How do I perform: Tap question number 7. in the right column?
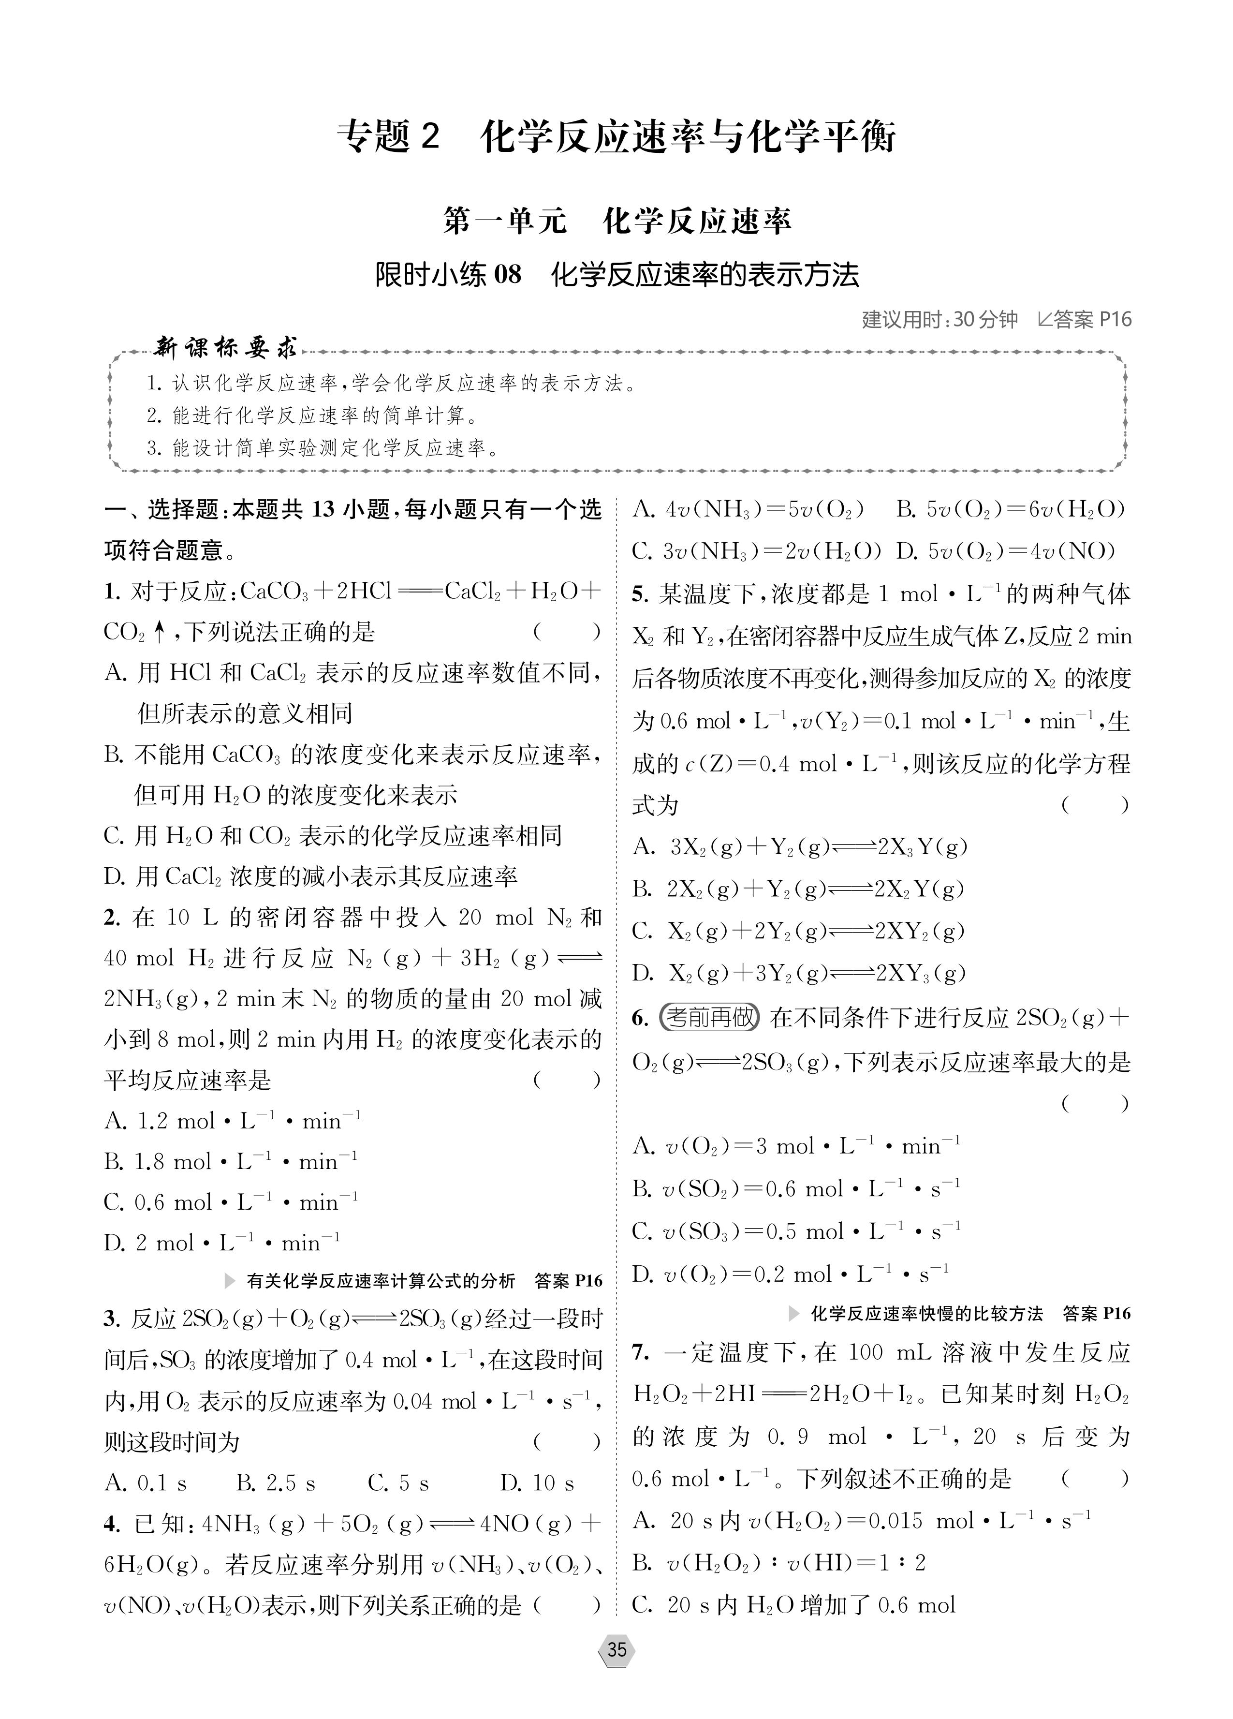640,1353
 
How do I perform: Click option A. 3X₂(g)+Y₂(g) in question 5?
800,846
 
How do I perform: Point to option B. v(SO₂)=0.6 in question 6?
796,1188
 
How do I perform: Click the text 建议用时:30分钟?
939,320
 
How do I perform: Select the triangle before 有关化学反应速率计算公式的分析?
230,1281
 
